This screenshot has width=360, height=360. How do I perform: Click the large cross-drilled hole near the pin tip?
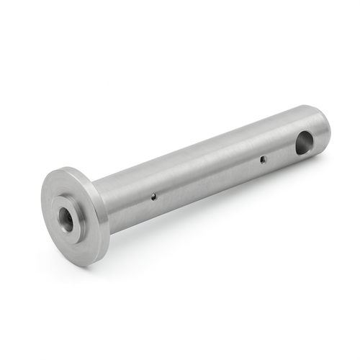[x=305, y=143]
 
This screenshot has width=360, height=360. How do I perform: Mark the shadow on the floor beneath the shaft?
[x=216, y=209]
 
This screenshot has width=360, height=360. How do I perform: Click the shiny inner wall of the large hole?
[x=308, y=140]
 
